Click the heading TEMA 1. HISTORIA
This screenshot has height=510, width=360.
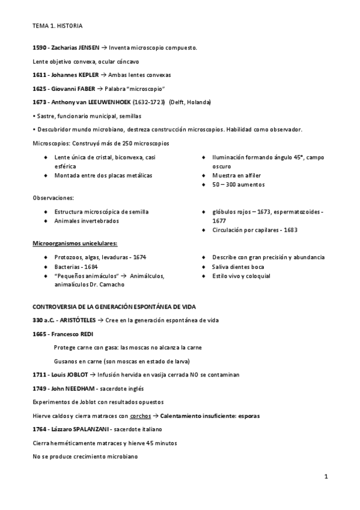58,26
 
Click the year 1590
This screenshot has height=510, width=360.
39,47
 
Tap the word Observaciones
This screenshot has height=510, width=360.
53,198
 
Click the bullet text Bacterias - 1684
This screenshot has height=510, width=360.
76,266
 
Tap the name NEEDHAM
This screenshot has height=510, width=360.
75,388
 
